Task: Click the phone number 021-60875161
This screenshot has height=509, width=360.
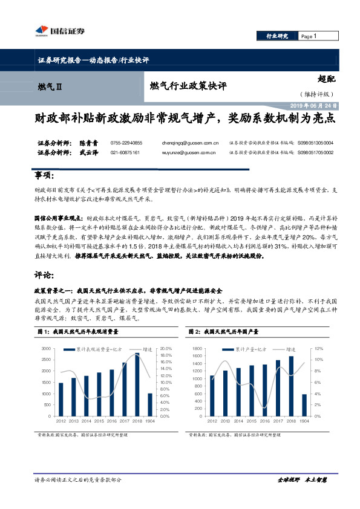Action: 125,153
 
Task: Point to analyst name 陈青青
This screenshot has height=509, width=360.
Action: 88,143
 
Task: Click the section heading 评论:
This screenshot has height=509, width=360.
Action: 44,274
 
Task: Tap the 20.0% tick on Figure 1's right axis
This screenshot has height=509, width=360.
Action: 166,349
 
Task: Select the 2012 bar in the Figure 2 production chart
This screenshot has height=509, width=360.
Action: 212,395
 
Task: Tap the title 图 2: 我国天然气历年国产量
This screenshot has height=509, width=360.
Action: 224,332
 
